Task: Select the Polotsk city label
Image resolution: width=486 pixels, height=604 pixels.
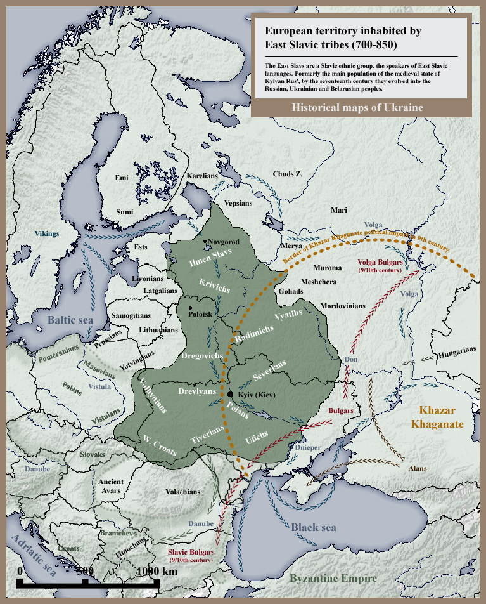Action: tap(201, 313)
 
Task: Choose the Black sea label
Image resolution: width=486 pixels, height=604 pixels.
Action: tap(314, 527)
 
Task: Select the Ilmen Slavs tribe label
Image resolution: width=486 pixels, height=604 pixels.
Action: tap(211, 258)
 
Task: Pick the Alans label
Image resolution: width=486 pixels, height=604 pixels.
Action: tap(418, 468)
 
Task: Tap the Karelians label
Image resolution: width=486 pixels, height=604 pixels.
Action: tap(202, 176)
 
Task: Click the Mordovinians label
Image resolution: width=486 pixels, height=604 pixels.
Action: tap(343, 306)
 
